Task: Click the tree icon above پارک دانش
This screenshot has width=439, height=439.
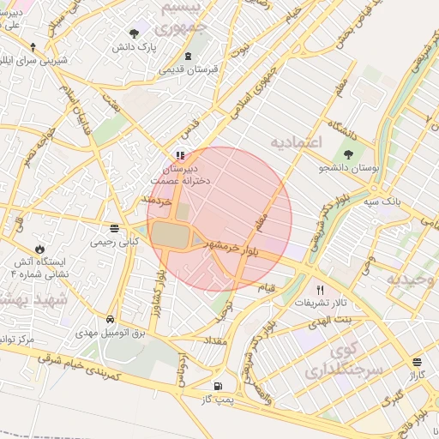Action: pos(135,33)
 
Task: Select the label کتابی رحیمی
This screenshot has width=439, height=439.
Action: pos(114,242)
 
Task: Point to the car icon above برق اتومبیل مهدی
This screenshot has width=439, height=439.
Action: pos(111,316)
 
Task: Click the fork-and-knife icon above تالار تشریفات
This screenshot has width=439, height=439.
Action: pos(321,290)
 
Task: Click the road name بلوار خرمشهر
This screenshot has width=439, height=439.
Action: pos(232,247)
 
